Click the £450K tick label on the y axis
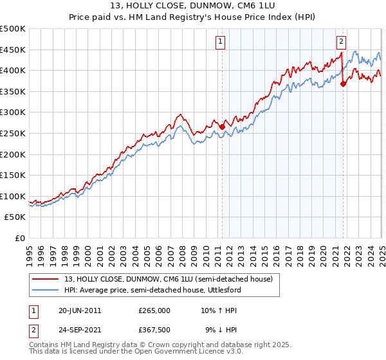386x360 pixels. point(13,50)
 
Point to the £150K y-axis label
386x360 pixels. point(13,175)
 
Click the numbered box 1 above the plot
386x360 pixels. point(221,42)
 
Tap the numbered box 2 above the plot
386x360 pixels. point(341,42)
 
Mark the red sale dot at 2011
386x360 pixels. point(223,127)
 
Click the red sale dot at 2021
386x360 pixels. point(343,83)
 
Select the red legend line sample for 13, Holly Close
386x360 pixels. point(45,279)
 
